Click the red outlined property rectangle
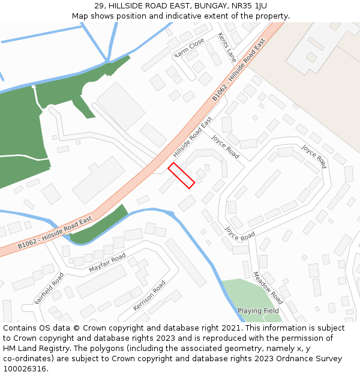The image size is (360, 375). pos(181,175)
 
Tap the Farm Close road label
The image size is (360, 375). pos(190,49)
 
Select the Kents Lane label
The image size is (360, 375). pos(227,47)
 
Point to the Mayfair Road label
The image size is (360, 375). pos(107,262)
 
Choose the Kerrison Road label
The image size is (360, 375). pos(149,295)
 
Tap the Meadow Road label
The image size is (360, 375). pos(268,287)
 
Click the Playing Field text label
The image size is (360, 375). pos(258,311)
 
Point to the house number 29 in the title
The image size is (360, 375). pos(100,5)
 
